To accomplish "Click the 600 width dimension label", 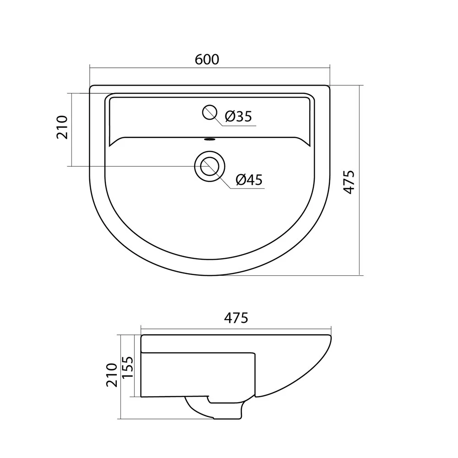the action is coord(207,60).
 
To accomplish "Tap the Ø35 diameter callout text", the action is coord(238,116).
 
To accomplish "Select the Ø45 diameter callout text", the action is coord(249,180).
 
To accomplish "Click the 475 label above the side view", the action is coord(236,318).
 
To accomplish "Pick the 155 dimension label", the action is coord(127,367).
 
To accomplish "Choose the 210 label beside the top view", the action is coord(62,127).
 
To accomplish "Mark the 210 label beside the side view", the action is coord(112,375).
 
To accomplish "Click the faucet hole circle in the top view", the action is coord(210,112).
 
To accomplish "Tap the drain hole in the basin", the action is coord(210,166).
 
